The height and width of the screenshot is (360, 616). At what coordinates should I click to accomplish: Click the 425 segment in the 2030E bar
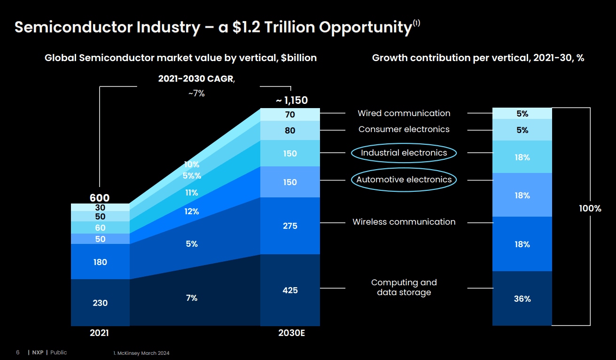290,290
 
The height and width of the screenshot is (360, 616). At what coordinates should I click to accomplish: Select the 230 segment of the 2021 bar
100,303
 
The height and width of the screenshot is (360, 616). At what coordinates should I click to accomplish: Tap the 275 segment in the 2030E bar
290,226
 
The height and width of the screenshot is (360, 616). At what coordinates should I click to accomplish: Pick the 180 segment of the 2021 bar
100,262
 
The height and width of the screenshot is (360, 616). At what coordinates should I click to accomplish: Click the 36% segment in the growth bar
522,298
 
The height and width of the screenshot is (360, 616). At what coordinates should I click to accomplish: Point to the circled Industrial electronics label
404,153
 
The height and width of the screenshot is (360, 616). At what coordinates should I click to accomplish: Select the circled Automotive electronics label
404,180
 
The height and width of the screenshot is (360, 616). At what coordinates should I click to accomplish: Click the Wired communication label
404,113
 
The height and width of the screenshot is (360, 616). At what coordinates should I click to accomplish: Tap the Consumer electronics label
404,129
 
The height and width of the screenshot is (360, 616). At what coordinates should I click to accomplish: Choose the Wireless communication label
404,222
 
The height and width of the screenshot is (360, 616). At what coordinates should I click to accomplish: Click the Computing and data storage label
404,287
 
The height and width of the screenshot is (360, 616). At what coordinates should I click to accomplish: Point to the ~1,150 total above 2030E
291,100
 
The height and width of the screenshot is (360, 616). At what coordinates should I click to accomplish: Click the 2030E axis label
291,333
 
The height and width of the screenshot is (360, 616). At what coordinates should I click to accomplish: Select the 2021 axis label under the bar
99,333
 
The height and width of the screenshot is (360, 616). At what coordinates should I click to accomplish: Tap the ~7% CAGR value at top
196,94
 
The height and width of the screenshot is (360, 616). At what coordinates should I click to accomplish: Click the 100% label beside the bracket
590,209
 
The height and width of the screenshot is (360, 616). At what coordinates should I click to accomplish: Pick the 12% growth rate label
191,211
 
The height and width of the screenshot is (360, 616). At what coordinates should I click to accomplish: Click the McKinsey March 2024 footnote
141,353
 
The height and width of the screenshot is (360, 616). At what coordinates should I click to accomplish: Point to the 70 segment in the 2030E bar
290,115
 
